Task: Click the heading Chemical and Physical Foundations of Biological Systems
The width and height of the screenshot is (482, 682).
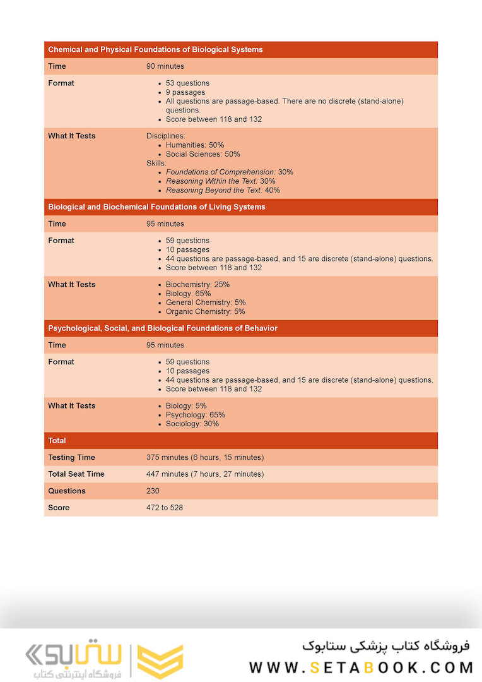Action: pyautogui.click(x=155, y=49)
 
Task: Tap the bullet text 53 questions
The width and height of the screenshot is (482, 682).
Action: pyautogui.click(x=187, y=83)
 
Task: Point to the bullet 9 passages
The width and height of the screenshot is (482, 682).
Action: pyautogui.click(x=185, y=92)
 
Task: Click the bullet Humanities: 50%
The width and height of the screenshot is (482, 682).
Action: pyautogui.click(x=194, y=145)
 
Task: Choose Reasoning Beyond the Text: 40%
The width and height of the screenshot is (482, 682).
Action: pyautogui.click(x=223, y=190)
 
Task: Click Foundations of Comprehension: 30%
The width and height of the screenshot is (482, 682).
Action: pyautogui.click(x=229, y=172)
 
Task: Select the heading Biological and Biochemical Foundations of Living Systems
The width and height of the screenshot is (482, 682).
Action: pyautogui.click(x=156, y=207)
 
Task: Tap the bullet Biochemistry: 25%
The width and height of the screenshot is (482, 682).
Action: pyautogui.click(x=197, y=284)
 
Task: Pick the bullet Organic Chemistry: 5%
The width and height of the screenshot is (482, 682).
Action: pyautogui.click(x=205, y=311)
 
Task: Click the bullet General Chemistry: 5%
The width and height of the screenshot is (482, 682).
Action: pyautogui.click(x=205, y=302)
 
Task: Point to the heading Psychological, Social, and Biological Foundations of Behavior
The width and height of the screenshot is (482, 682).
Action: pyautogui.click(x=163, y=328)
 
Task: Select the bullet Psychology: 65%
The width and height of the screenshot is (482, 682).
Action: pyautogui.click(x=195, y=415)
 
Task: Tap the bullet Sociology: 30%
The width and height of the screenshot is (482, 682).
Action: pyautogui.click(x=192, y=424)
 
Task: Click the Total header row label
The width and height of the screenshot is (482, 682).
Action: pyautogui.click(x=57, y=441)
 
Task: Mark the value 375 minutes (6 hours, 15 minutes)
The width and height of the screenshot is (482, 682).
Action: pyautogui.click(x=205, y=457)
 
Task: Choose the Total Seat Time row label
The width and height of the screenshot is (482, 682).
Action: pyautogui.click(x=76, y=474)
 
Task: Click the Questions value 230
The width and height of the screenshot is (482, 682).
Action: pyautogui.click(x=153, y=491)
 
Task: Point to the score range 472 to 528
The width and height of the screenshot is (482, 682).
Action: pyautogui.click(x=165, y=508)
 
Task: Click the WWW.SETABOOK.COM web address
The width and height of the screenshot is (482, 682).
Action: pyautogui.click(x=361, y=667)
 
